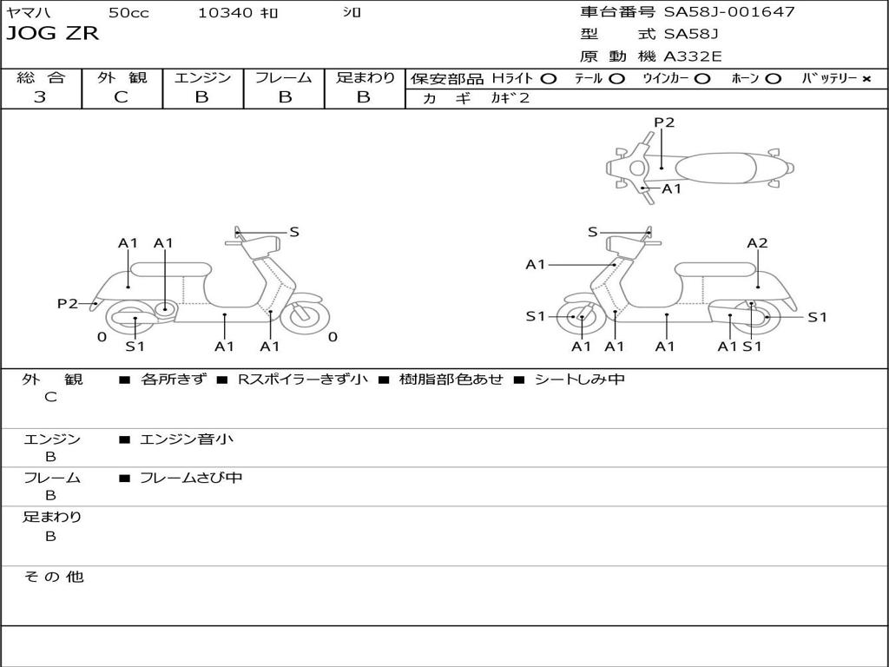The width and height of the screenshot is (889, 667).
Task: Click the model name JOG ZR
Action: pos(53,34)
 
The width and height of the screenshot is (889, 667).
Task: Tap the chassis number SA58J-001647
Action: pos(729,12)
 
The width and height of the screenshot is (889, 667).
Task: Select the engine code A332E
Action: pos(693,56)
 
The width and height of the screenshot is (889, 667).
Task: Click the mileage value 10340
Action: pos(225,12)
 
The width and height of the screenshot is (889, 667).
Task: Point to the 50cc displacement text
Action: pos(128,12)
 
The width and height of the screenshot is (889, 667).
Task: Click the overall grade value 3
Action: pos(40,97)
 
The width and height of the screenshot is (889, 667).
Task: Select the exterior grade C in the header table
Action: pos(121,97)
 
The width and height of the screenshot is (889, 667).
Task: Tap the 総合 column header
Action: pos(40,77)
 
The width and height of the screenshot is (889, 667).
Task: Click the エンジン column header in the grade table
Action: pos(202,77)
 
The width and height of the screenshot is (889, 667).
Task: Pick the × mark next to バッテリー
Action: pos(866,78)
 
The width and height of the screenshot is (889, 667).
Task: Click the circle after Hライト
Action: pos(548,78)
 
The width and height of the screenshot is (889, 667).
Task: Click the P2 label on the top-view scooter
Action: pos(664,122)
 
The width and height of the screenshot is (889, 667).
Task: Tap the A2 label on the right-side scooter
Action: pos(757,243)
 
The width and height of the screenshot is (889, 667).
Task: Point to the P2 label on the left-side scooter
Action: pos(68,303)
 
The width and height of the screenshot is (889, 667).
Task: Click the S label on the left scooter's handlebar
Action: pos(294,232)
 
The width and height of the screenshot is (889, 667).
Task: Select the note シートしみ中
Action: pos(578,379)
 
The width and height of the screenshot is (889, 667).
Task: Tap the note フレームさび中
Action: pos(190,478)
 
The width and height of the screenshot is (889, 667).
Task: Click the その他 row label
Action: pos(53,577)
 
